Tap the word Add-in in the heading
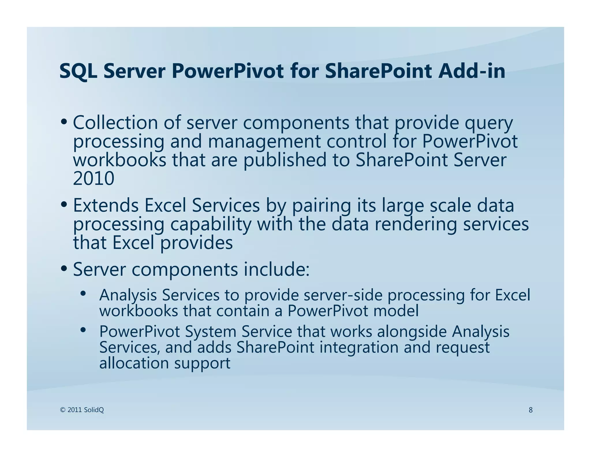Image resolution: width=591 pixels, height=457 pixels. point(472,71)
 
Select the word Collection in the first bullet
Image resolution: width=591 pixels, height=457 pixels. point(115,123)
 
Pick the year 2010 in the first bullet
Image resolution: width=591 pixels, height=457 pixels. point(93,179)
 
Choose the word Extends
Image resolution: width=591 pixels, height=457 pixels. point(106,205)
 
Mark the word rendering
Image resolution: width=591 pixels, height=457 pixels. point(416,225)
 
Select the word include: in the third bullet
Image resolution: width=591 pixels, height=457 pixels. point(276,269)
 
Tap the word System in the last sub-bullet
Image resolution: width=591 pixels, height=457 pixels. point(210,332)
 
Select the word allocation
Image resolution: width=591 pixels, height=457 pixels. point(134,363)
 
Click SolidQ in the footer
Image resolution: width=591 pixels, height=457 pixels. point(93,410)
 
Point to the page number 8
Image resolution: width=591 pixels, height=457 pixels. point(530,410)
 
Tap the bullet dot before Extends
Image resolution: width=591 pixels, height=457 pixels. point(64,205)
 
